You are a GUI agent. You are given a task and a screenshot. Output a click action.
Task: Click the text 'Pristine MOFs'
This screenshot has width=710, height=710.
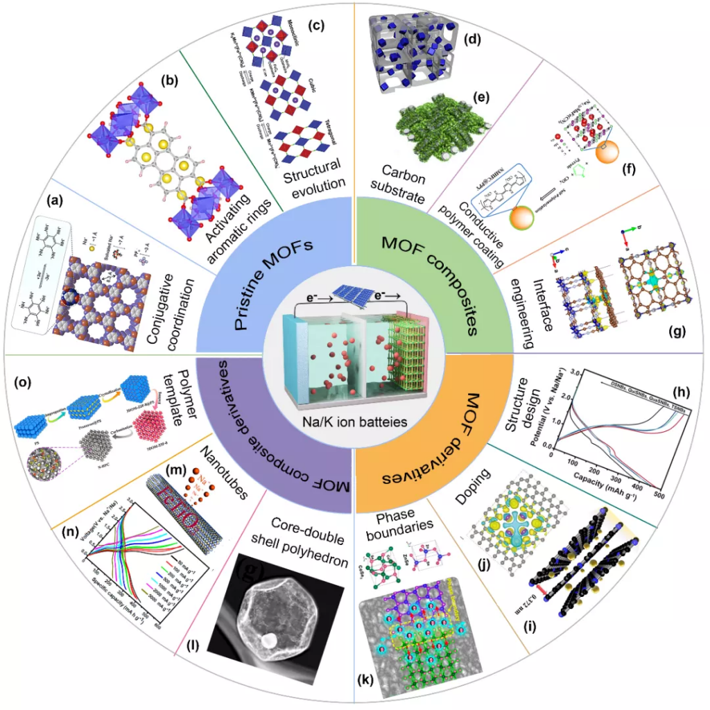[x=279, y=286]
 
